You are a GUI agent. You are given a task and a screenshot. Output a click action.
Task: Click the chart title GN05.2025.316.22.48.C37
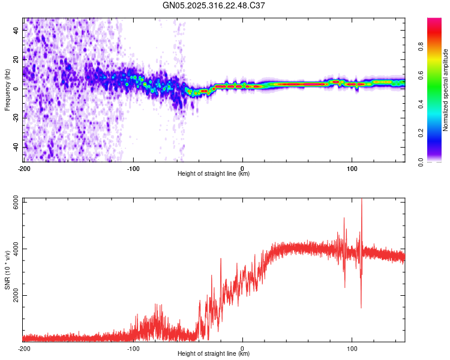pos(214,6)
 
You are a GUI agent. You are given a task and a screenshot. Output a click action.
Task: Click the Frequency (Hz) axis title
pos(7,89)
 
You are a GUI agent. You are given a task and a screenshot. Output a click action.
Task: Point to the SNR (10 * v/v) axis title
pos(7,270)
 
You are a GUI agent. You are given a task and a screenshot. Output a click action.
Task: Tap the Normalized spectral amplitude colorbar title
pos(446,91)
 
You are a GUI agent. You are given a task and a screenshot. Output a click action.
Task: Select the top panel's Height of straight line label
pos(214,174)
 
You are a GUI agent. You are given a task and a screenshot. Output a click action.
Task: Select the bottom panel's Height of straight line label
pos(214,354)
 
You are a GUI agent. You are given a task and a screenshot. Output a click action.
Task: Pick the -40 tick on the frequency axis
pos(16,147)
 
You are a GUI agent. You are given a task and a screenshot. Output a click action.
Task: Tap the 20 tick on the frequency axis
pos(16,59)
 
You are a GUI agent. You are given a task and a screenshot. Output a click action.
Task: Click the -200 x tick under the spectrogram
pos(24,168)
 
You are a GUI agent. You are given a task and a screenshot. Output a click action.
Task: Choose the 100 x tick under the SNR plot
pos(352,348)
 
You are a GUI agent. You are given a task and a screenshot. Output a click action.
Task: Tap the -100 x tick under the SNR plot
pos(133,348)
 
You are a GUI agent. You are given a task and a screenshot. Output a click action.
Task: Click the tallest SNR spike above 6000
pos(361,200)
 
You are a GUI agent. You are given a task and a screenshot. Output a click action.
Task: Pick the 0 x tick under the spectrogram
pos(242,168)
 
